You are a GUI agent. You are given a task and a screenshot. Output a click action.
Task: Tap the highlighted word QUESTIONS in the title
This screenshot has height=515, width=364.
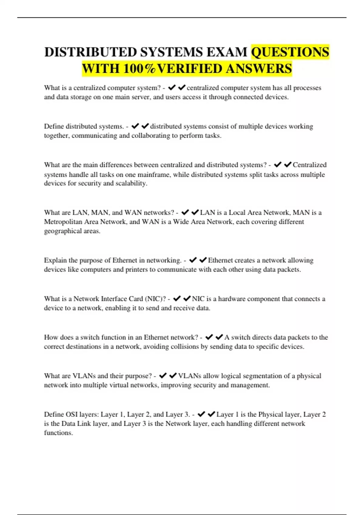290,52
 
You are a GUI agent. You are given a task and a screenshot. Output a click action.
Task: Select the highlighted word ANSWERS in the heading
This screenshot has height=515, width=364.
259,69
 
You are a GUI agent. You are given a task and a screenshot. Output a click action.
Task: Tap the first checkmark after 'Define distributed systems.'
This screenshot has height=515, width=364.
135,126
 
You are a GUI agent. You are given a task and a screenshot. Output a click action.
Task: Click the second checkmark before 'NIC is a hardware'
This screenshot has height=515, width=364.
187,298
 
